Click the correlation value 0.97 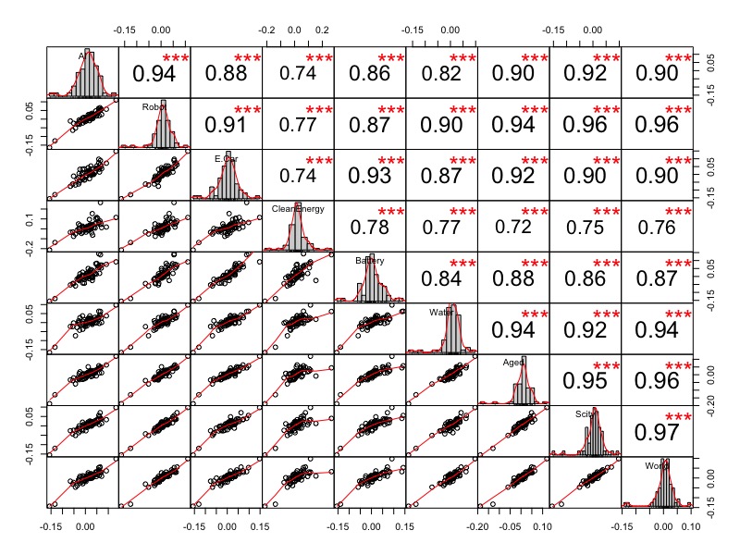tap(657, 430)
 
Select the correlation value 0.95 tap(585, 380)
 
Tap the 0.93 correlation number tap(369, 174)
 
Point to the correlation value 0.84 tap(441, 277)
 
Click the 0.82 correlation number tap(441, 72)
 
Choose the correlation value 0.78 tap(369, 226)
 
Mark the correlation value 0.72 tap(513, 226)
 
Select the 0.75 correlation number tap(585, 226)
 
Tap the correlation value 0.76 tap(657, 226)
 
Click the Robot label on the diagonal tap(154, 106)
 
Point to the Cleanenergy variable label tap(298, 209)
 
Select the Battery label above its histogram tap(369, 261)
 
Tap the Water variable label tap(440, 312)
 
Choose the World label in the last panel tap(657, 466)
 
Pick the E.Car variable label tap(226, 158)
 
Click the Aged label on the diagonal tap(513, 364)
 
